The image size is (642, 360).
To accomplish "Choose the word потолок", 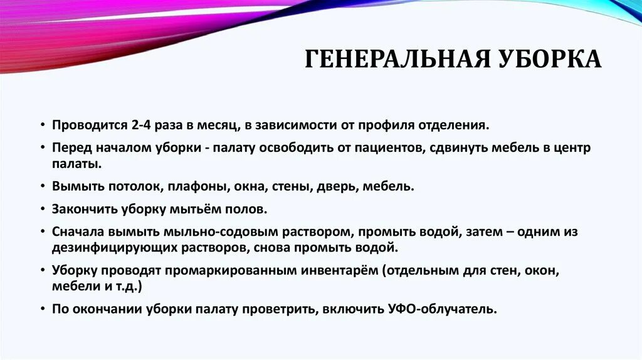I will pos(127,186).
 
